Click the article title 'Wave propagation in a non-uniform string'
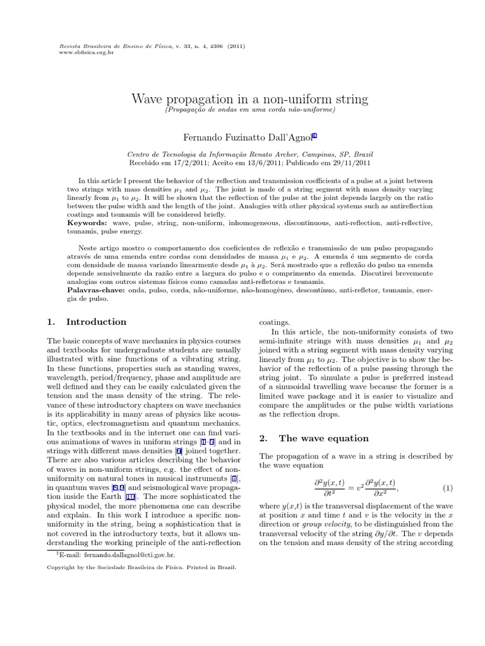click(x=249, y=99)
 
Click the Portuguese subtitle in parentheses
click(x=249, y=110)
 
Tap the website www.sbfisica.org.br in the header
click(x=77, y=52)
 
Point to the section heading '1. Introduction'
click(x=87, y=322)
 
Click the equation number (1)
click(x=448, y=488)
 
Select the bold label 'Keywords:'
click(x=88, y=224)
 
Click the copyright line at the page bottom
click(x=142, y=567)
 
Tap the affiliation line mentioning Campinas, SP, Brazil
click(x=250, y=154)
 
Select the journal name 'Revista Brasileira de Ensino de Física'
click(x=97, y=46)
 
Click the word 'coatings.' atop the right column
click(x=275, y=322)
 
